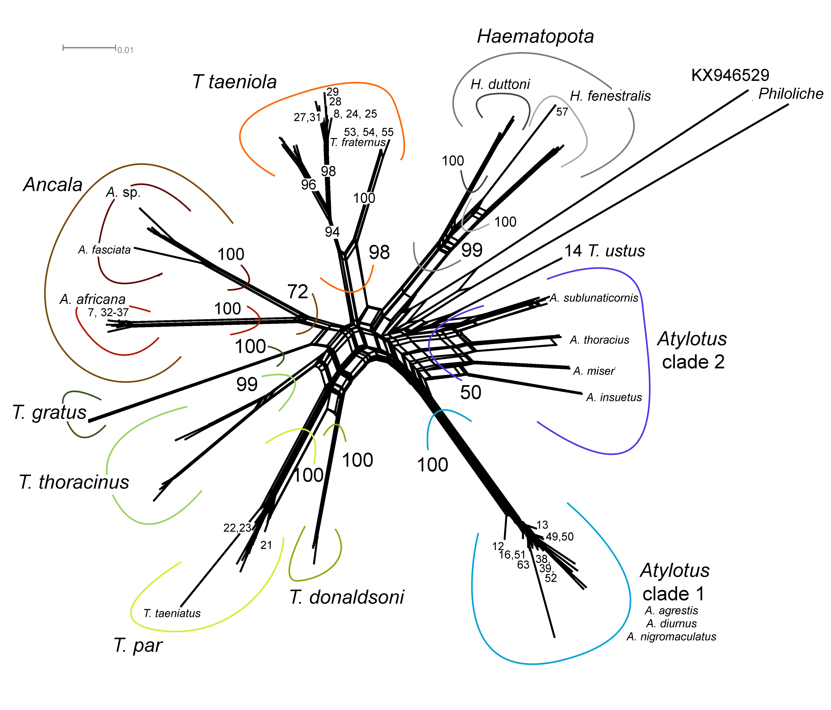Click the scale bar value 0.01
click(x=125, y=50)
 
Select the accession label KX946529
click(x=730, y=75)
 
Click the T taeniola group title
click(x=235, y=82)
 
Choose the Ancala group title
click(x=53, y=185)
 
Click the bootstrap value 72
click(x=298, y=292)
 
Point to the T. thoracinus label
click(x=74, y=482)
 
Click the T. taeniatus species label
click(x=172, y=613)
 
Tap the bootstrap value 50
click(x=471, y=393)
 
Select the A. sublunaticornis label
click(x=594, y=298)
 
